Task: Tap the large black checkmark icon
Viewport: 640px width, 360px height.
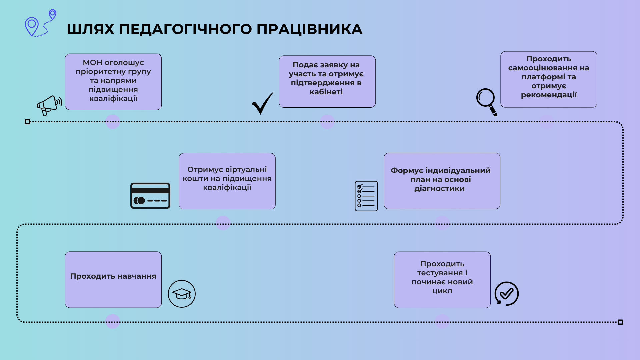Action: click(263, 103)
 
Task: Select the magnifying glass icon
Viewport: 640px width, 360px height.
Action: click(486, 101)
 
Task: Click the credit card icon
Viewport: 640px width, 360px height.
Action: click(150, 196)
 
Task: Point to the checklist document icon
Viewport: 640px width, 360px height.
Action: click(366, 196)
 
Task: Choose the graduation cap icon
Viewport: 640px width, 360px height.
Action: click(182, 294)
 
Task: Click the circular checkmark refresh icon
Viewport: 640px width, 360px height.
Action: click(506, 294)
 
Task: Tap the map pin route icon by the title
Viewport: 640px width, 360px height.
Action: click(40, 23)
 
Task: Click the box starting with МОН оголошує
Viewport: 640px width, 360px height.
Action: click(113, 82)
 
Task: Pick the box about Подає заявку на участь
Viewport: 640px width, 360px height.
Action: click(327, 82)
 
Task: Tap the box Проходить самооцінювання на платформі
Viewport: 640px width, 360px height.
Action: click(549, 79)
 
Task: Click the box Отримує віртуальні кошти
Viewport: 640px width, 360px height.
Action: click(227, 181)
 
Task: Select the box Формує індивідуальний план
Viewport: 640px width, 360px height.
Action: click(442, 181)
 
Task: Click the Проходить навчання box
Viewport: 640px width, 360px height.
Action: click(113, 279)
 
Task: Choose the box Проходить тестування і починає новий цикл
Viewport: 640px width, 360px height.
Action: click(442, 279)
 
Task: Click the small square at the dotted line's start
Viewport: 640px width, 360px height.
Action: click(28, 122)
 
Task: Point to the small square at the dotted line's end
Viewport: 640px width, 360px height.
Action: click(620, 322)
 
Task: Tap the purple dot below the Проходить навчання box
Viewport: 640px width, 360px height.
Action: click(113, 321)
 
